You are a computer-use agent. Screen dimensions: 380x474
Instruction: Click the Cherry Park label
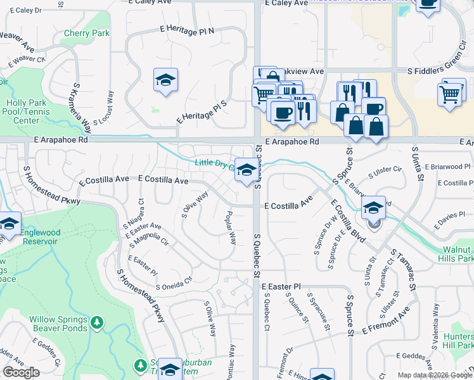[86, 34]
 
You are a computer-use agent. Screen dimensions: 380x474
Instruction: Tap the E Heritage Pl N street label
[188, 29]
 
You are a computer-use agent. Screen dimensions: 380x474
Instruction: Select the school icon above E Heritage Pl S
[165, 80]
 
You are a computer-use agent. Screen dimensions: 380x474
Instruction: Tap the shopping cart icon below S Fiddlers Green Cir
[450, 94]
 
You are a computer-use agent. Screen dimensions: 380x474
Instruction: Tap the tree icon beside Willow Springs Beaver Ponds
[96, 324]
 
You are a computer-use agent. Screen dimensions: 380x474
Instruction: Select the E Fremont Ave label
[386, 321]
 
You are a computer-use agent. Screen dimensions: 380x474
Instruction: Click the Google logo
[21, 372]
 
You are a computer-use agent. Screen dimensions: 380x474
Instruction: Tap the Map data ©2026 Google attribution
[435, 375]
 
